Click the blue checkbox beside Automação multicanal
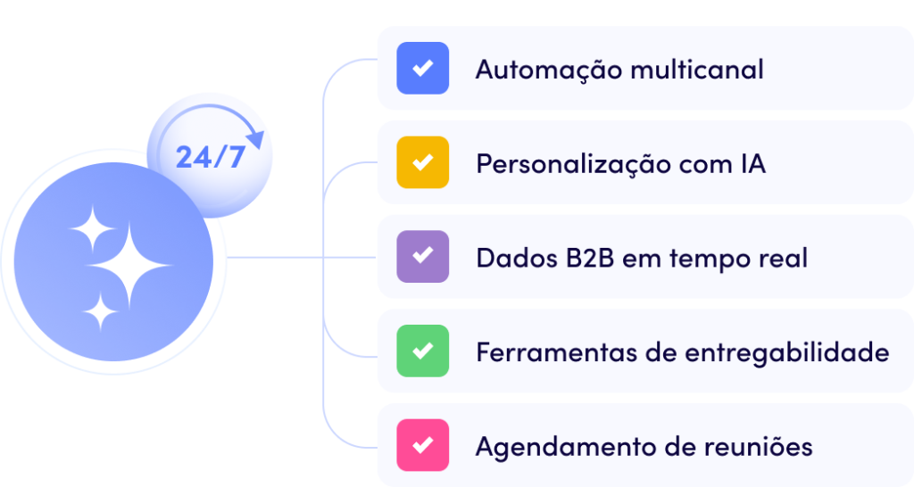pos(422,68)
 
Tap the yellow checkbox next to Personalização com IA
pos(422,162)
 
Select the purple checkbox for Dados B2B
pos(422,257)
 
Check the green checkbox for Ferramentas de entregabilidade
pos(422,351)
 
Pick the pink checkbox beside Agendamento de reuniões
pos(422,446)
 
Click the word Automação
pos(549,70)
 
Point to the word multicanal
pos(697,70)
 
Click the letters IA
pos(753,164)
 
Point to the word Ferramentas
pos(557,352)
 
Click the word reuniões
pos(759,447)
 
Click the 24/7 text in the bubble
pos(211,157)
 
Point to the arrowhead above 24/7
pos(256,139)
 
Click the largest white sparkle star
pos(129,266)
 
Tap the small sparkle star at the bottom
pos(100,312)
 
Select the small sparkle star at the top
pos(92,229)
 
